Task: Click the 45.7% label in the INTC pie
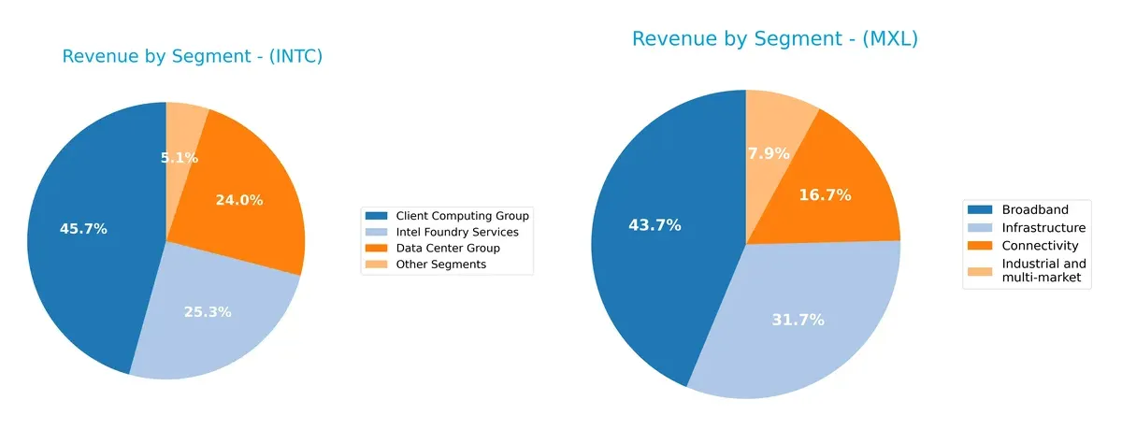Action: coord(84,229)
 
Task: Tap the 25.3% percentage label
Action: coord(208,312)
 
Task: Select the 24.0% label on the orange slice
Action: coord(239,200)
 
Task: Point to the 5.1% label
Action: coord(180,158)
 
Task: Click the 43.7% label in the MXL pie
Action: coord(654,225)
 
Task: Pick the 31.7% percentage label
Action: coord(798,321)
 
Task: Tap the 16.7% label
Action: coord(825,195)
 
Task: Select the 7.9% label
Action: coord(769,153)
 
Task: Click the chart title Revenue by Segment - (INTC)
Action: coord(192,57)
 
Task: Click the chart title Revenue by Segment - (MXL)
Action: coord(775,39)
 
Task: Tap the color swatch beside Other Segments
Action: coord(377,265)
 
